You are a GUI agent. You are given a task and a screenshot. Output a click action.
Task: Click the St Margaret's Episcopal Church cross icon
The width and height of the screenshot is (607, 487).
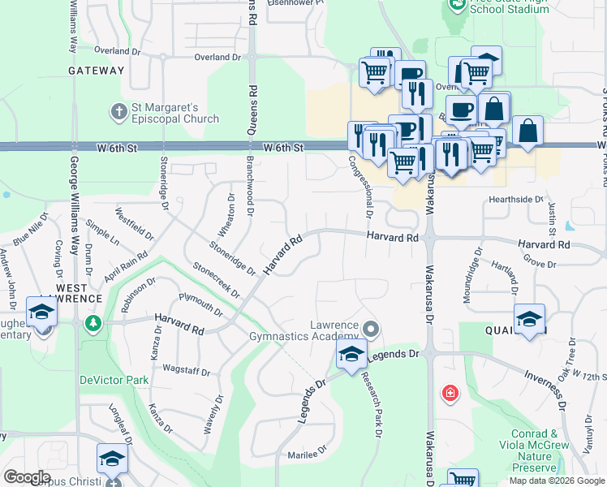[118, 110]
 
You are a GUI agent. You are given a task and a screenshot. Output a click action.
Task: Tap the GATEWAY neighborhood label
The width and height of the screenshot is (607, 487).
[96, 71]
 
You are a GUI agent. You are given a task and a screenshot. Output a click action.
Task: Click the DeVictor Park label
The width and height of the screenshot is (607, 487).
[114, 379]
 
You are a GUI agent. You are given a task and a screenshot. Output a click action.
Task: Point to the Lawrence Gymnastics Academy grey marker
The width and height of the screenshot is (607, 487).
[372, 329]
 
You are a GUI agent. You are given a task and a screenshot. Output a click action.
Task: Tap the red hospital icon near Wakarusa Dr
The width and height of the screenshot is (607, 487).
[449, 394]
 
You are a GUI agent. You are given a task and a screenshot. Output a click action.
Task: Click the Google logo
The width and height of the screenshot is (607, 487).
[27, 477]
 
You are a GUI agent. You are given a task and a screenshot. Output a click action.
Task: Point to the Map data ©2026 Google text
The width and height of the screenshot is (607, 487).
[556, 481]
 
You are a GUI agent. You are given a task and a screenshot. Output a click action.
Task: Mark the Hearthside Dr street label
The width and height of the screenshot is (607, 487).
[515, 199]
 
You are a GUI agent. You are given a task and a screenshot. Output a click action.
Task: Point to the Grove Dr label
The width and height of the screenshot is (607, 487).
[540, 264]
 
